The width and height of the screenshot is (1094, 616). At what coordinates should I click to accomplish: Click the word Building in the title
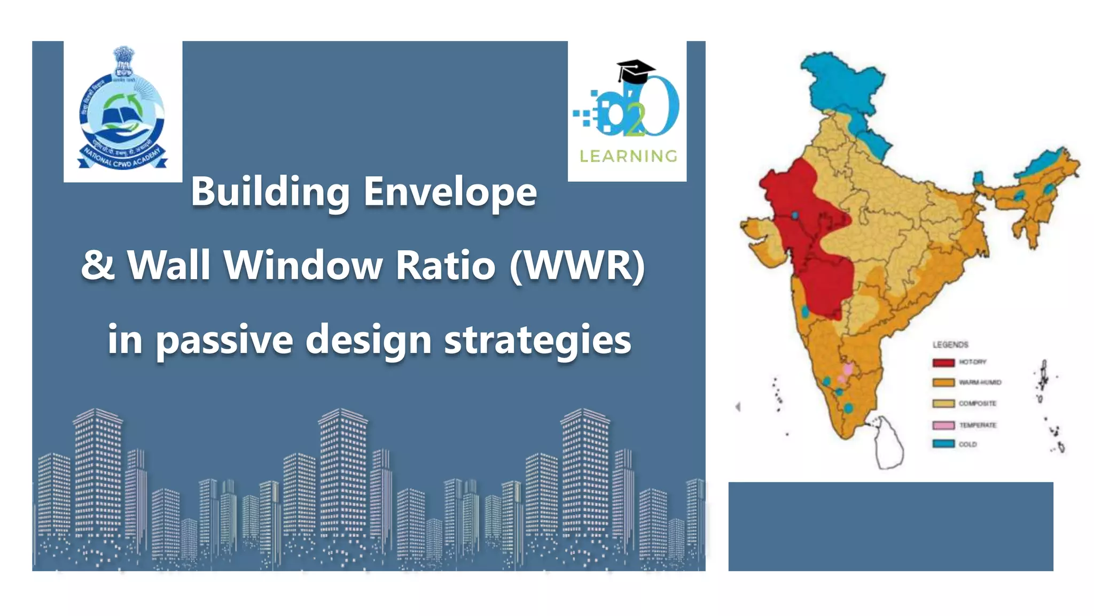270,192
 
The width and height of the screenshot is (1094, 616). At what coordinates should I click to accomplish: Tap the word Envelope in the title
450,192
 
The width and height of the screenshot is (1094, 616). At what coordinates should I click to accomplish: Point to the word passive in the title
224,340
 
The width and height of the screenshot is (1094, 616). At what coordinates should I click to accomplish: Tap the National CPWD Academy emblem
123,110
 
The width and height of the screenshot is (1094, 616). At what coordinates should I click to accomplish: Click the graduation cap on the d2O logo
635,70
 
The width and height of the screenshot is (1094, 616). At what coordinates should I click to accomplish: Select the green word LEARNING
628,156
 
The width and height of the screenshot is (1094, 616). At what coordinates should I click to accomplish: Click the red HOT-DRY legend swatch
943,363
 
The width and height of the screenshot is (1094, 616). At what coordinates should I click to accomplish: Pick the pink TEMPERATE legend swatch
943,425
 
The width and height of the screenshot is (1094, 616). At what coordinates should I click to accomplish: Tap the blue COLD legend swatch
943,444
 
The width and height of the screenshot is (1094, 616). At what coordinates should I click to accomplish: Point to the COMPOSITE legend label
977,404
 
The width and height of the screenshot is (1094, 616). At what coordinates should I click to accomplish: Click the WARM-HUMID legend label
980,382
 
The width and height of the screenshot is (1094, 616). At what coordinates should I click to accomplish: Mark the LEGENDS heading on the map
950,345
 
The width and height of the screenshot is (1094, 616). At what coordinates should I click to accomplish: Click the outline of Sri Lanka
888,444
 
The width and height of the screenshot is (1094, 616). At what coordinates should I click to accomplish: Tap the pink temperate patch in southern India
847,369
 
